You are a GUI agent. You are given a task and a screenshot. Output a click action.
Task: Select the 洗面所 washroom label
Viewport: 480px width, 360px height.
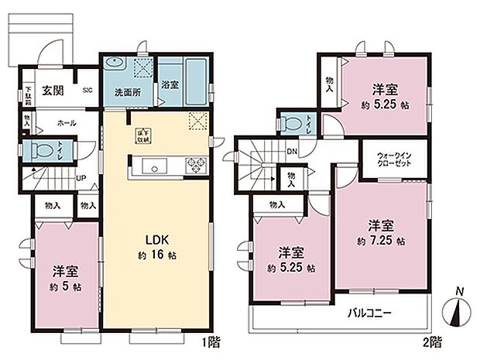[128, 92]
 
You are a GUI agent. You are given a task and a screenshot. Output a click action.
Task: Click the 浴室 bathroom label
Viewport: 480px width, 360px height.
[170, 85]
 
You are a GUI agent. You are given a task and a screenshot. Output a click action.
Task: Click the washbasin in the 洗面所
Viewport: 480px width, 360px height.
[115, 64]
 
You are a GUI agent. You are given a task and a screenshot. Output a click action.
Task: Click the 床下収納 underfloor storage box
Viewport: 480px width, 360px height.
[144, 134]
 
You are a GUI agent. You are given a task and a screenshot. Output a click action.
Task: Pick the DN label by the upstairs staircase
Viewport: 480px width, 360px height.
[293, 152]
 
